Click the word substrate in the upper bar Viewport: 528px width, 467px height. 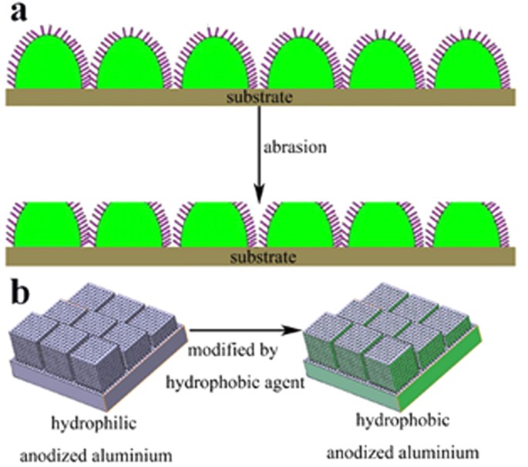click(261, 98)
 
